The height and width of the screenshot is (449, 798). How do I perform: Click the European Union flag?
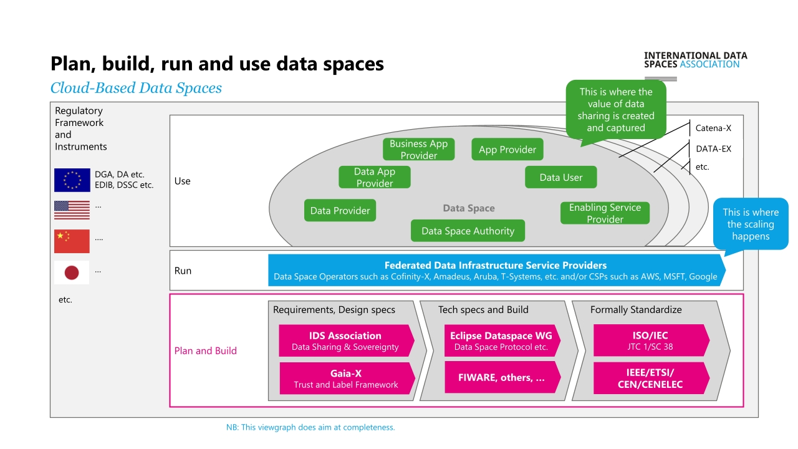[x=72, y=180]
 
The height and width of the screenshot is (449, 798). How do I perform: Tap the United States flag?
[x=72, y=210]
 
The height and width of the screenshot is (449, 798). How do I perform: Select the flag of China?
[x=72, y=241]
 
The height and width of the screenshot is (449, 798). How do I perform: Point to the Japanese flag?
[x=72, y=273]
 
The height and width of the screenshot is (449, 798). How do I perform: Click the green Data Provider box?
[x=340, y=210]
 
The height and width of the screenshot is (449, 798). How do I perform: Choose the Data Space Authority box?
[x=468, y=231]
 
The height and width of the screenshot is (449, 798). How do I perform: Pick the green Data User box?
[x=560, y=177]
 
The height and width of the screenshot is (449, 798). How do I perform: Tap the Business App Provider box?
[x=418, y=149]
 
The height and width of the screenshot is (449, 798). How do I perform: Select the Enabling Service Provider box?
[x=605, y=213]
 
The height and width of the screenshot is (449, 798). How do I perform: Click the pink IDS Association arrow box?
[x=346, y=340]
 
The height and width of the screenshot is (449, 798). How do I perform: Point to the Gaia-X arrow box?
[x=347, y=379]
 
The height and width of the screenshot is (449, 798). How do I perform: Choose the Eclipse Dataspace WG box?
[x=502, y=340]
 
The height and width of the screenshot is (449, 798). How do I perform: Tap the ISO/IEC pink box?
[x=651, y=340]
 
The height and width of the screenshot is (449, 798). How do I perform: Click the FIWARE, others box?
[x=502, y=377]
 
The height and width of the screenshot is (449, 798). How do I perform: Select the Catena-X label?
[x=713, y=128]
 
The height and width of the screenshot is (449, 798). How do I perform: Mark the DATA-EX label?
[x=714, y=149]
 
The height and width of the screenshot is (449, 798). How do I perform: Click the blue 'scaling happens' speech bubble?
[x=751, y=224]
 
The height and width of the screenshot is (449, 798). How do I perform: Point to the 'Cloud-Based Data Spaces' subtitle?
[x=136, y=88]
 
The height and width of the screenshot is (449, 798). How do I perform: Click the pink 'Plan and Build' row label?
[x=205, y=350]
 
